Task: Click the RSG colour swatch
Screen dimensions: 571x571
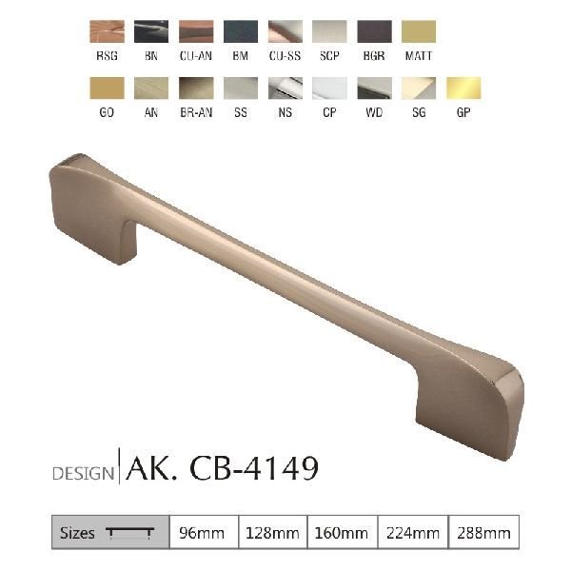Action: click(x=106, y=32)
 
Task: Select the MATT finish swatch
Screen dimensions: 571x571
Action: click(x=418, y=32)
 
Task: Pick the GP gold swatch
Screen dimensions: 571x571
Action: click(x=463, y=89)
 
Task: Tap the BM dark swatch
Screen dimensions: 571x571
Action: click(x=240, y=32)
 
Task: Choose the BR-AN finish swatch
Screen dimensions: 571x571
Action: click(x=195, y=89)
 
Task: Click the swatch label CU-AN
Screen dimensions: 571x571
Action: click(x=195, y=56)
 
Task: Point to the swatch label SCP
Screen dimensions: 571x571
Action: click(x=328, y=56)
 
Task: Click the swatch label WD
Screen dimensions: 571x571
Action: click(x=373, y=112)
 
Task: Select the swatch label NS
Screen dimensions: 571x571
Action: click(x=284, y=112)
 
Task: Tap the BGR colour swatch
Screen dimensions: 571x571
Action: click(x=373, y=32)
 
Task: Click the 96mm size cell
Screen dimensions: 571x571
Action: click(x=202, y=533)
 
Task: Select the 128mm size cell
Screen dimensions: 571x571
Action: click(x=271, y=533)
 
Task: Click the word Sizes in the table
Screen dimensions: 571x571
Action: click(x=77, y=533)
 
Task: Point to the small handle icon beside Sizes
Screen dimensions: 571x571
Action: click(x=130, y=534)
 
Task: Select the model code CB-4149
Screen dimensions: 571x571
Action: click(x=254, y=467)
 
